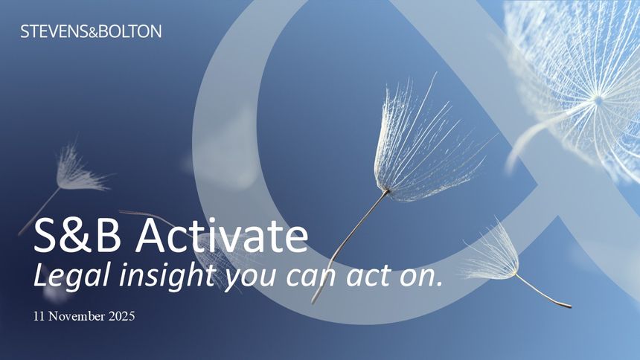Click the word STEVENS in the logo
pos(54,31)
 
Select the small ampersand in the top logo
pos(94,33)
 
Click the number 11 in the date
pos(39,316)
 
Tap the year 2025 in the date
pos(121,316)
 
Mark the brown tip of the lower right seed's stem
pos(567,305)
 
